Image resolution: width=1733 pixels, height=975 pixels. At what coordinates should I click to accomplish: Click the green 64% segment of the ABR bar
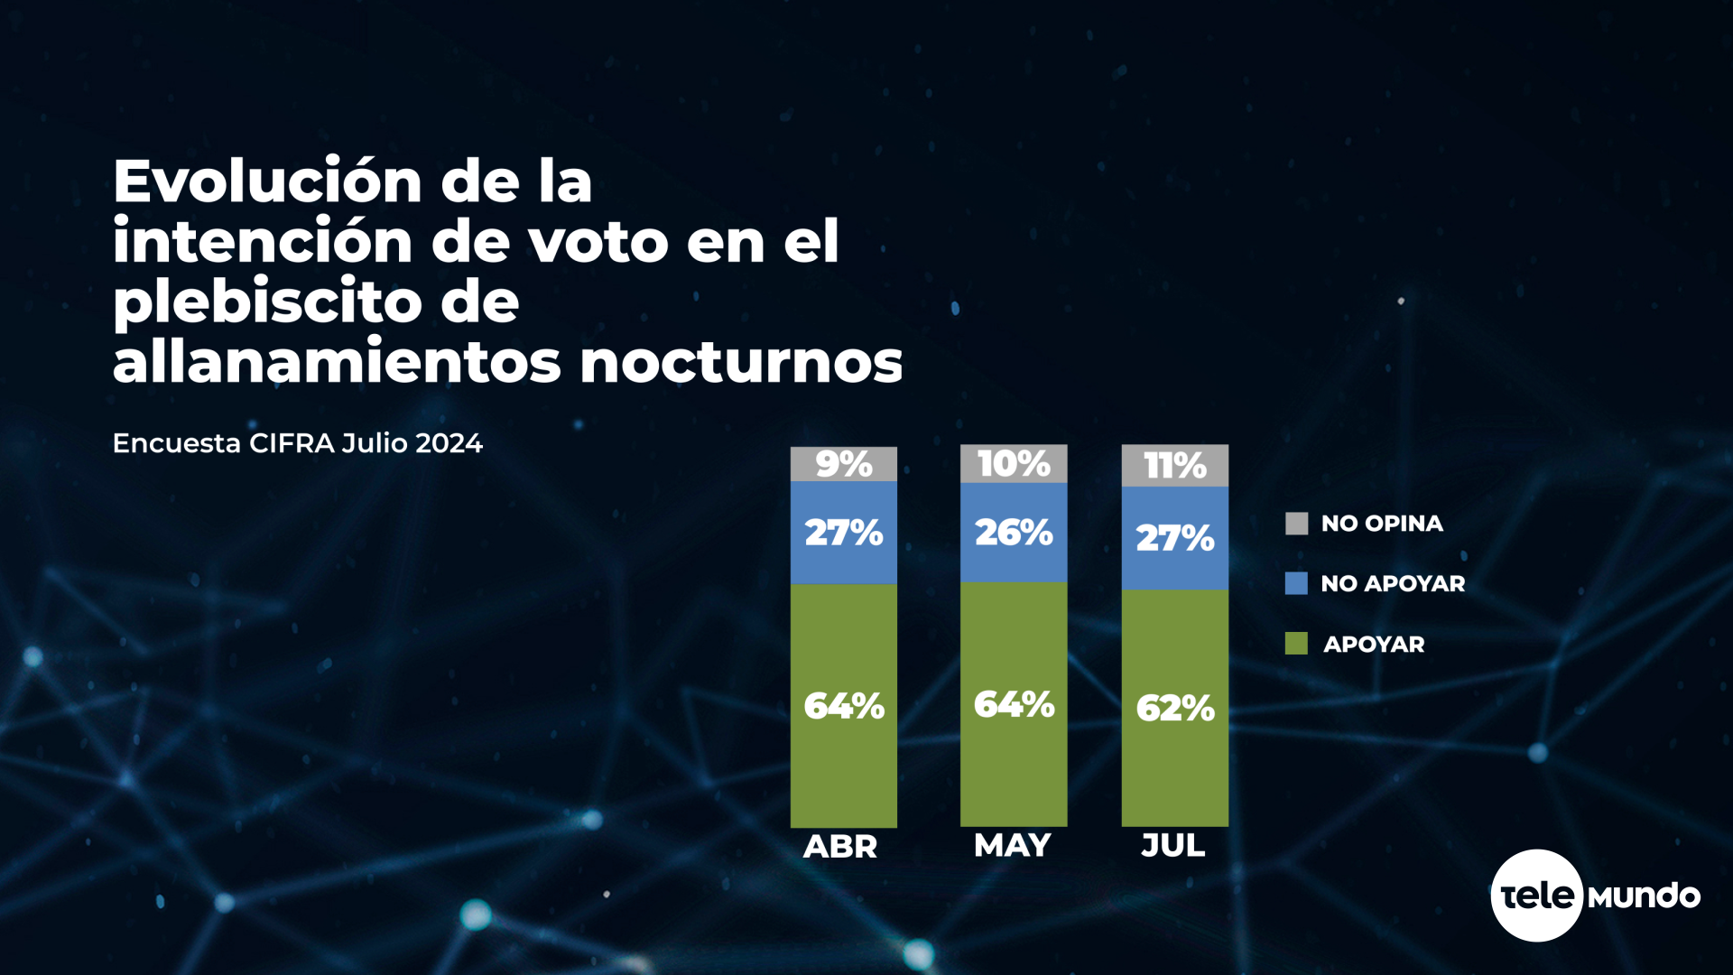(843, 705)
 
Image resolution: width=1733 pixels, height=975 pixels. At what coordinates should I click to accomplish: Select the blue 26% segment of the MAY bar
(1013, 533)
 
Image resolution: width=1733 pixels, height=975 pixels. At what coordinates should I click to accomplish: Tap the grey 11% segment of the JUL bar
(1174, 466)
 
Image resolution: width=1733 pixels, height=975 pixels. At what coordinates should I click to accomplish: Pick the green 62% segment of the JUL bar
(1174, 708)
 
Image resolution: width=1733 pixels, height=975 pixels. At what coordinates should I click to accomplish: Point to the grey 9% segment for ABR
(843, 464)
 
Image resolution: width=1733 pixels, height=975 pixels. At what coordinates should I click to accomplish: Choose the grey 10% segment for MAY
(1013, 464)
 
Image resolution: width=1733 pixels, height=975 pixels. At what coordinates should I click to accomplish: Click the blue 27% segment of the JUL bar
(1174, 538)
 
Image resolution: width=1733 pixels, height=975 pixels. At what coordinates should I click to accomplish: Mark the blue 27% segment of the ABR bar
(843, 533)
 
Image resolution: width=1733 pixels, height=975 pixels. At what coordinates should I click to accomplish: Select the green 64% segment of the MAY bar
(1013, 704)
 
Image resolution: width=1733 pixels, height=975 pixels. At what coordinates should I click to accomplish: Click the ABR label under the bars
(839, 847)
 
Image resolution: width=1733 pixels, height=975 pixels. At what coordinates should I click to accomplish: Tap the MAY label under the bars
(1012, 846)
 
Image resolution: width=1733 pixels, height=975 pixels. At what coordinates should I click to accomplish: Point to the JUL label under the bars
(1172, 846)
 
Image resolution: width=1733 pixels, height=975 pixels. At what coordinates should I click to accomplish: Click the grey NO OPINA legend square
(1296, 524)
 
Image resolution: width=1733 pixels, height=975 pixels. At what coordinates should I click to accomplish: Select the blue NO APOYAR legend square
(1296, 583)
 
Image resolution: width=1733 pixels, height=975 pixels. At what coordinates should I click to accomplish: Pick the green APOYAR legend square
(1296, 644)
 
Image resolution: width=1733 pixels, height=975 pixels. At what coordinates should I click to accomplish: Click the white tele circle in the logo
(1536, 896)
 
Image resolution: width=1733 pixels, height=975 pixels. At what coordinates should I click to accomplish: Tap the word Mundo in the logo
(1644, 896)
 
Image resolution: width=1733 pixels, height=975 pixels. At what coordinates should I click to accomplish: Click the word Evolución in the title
(267, 182)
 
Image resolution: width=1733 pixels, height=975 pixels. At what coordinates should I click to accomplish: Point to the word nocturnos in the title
(740, 363)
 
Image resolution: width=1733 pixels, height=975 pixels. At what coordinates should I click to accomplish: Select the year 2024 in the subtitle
(449, 443)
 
